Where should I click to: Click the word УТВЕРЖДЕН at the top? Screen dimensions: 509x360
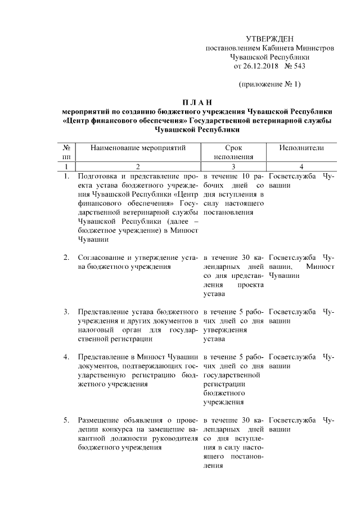[x=269, y=38]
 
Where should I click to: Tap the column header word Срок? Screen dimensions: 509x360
[x=232, y=147]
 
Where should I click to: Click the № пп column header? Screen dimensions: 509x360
[x=66, y=152]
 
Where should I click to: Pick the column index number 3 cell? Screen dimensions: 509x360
[x=232, y=166]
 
